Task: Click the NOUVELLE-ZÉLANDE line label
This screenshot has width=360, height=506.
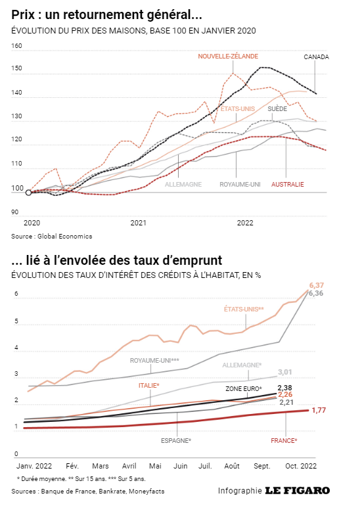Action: click(228, 57)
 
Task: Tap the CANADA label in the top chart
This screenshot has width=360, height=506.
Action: click(316, 57)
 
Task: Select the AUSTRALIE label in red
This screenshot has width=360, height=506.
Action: click(288, 184)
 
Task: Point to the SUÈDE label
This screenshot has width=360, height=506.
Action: click(277, 108)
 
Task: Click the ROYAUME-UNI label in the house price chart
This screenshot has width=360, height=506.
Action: click(240, 184)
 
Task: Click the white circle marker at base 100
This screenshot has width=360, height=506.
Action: click(28, 193)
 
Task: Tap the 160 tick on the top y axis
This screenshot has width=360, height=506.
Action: click(16, 46)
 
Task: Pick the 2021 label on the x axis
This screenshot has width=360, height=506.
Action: click(138, 223)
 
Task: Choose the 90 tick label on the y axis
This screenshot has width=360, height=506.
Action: click(15, 212)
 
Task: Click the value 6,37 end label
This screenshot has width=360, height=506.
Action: click(317, 285)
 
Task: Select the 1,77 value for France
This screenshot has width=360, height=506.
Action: click(319, 410)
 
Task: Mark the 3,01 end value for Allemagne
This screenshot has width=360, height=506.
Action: click(285, 372)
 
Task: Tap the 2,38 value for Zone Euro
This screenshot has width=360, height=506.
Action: click(285, 388)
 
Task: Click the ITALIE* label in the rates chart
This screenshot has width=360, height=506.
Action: click(149, 385)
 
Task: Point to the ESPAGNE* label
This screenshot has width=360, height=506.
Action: click(176, 440)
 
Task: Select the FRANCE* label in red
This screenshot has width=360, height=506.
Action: click(284, 440)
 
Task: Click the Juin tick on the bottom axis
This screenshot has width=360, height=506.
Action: click(180, 466)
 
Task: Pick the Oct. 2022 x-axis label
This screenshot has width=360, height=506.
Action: click(301, 466)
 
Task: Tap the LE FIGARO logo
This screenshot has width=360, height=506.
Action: click(298, 490)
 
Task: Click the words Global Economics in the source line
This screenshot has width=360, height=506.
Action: click(65, 236)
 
